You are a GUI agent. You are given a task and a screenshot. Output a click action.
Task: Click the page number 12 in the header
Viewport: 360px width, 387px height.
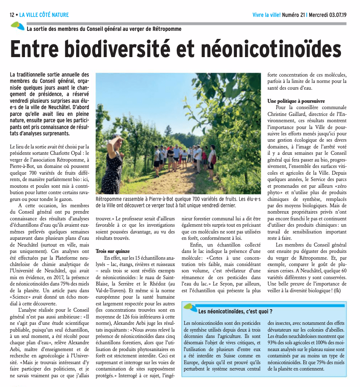(x=12, y=15)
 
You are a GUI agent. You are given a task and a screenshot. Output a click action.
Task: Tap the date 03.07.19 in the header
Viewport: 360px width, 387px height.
(x=334, y=15)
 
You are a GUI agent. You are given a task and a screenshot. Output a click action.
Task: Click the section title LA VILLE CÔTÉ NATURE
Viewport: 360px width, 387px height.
(x=44, y=15)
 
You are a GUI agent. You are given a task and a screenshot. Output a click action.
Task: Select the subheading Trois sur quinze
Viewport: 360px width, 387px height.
(x=113, y=251)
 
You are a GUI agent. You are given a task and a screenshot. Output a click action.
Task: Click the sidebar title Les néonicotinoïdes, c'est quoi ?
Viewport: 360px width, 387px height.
(x=235, y=312)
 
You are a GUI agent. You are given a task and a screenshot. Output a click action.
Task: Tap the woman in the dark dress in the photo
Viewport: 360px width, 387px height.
(x=113, y=165)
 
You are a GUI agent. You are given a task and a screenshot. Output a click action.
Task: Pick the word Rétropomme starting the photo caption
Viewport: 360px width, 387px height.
(x=110, y=199)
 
